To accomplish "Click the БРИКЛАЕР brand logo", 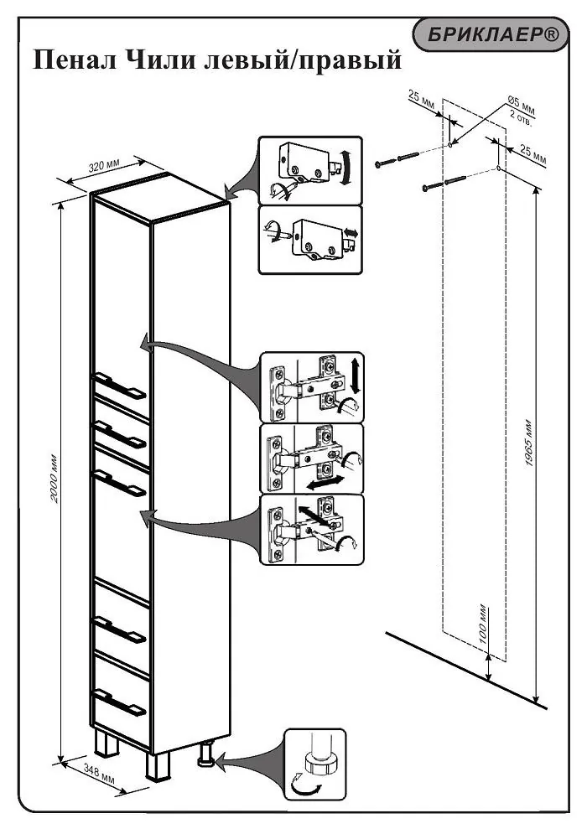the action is (491, 35).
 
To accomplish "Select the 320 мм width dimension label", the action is (104, 167).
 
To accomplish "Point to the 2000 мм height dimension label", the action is (54, 478).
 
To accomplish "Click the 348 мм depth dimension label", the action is (99, 775).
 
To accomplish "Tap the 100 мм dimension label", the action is (483, 624).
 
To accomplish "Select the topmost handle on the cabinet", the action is (120, 386).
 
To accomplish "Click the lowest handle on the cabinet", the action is (120, 702).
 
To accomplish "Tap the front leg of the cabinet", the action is (157, 765).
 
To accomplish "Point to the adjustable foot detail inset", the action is (314, 764).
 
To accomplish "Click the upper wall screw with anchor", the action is (397, 159).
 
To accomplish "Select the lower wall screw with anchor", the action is (444, 184).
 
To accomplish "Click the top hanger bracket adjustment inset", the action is (310, 170).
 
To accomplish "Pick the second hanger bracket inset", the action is (310, 240).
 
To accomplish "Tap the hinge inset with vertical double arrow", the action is (313, 387).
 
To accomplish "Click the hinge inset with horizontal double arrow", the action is (313, 459).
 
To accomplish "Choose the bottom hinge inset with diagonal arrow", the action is (313, 529).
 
